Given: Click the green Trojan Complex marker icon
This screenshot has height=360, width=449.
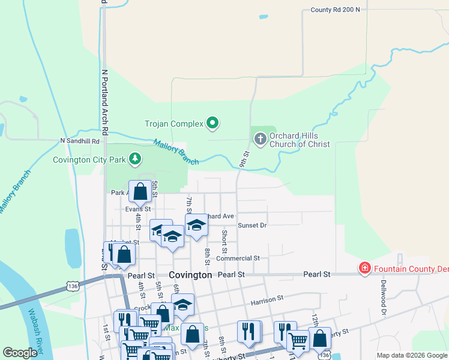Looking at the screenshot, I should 212,124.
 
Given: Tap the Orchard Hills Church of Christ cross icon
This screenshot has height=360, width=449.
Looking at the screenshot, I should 260,140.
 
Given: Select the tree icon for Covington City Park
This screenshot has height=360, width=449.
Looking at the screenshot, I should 136,159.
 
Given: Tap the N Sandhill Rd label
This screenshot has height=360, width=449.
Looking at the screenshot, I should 79,140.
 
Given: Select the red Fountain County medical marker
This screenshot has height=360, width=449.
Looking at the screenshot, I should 364,268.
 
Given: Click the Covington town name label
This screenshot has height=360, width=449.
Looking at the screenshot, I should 190,274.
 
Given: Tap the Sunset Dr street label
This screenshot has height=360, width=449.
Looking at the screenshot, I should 252,225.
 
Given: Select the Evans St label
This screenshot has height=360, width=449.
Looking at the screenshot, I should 137,209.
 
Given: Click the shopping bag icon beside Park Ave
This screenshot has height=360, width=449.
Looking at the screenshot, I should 140,192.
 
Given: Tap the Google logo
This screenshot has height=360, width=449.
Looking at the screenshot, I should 20,353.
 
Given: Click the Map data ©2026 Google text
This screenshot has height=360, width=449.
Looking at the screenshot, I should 411,355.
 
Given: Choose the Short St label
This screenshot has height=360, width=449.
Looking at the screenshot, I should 224,241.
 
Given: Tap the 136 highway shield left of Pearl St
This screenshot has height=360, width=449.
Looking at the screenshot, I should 73,287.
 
